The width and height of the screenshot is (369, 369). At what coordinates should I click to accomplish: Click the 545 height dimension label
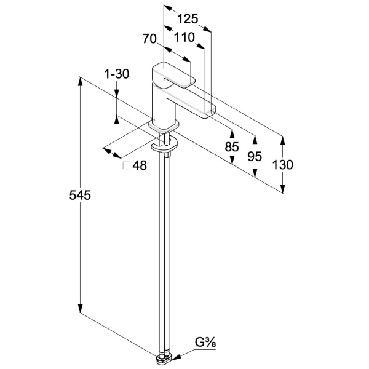81,196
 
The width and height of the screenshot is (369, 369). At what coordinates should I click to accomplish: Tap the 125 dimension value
188,19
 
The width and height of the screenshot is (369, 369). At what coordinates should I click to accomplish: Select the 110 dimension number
184,38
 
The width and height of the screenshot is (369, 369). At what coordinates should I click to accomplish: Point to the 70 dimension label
150,39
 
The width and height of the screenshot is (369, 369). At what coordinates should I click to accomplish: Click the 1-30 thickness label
116,74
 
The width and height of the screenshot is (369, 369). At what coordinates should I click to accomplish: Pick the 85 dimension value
232,147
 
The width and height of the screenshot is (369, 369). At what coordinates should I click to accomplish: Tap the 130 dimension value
282,164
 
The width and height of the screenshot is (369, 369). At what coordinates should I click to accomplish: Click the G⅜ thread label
206,341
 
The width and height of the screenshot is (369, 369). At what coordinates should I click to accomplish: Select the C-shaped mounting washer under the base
164,146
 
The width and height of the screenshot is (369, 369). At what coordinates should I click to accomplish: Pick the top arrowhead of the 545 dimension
81,80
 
